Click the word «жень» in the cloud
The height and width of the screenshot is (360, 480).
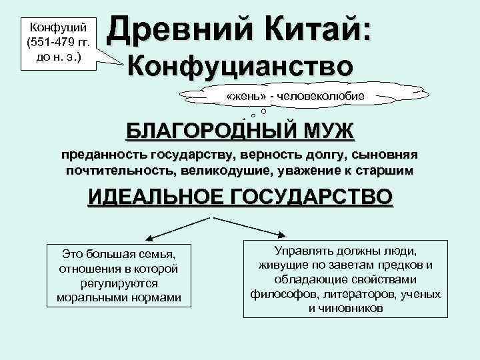tap(243, 96)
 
